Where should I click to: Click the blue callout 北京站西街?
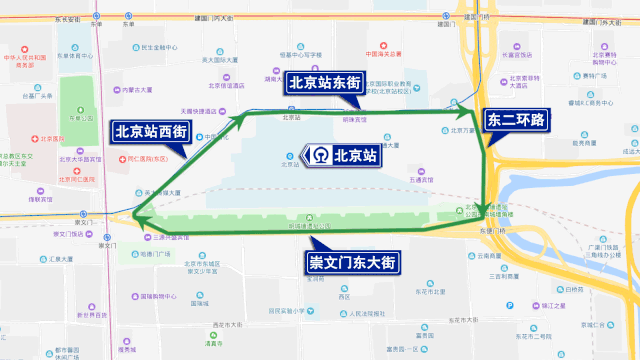pos(151,130)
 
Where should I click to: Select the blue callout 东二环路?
pos(515,120)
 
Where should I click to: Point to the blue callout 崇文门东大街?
pos(352,263)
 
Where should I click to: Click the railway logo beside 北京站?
pos(315,155)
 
